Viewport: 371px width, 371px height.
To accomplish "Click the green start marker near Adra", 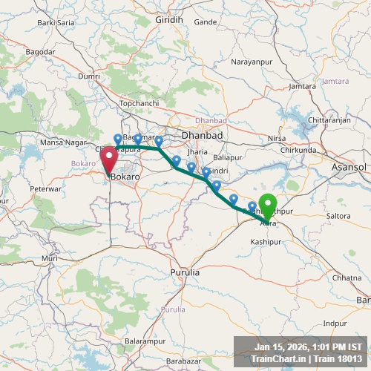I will [x=267, y=205].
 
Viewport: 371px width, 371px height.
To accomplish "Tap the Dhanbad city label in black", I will [x=203, y=135].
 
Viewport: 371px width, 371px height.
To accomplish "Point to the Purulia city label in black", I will [x=185, y=272].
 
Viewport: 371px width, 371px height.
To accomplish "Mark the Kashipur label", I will [x=266, y=243].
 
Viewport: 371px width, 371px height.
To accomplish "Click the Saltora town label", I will [x=338, y=216].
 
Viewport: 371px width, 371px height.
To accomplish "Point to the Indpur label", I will [x=335, y=323].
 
